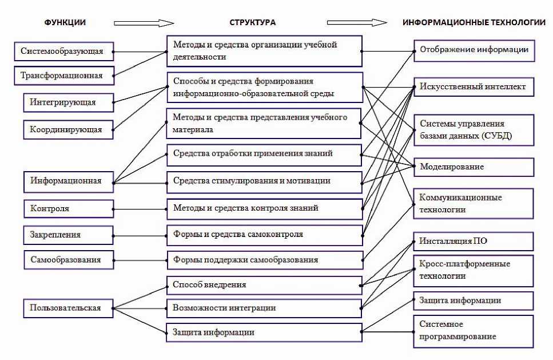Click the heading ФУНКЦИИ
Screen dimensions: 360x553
point(65,22)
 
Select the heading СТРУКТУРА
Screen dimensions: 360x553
point(252,22)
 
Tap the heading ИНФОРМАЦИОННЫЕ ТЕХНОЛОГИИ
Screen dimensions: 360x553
point(474,22)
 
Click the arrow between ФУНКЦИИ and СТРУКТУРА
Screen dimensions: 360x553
point(144,23)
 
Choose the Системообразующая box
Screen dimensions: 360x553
point(63,51)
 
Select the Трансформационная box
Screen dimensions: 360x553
point(63,75)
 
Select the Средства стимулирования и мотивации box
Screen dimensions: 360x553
point(264,181)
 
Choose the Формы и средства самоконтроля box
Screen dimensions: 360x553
point(264,234)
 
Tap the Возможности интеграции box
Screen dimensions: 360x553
point(264,308)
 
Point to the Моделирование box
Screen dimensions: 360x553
point(474,167)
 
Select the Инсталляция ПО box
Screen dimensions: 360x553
point(474,241)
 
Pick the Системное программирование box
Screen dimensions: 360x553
point(474,331)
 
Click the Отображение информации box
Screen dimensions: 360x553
point(474,50)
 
